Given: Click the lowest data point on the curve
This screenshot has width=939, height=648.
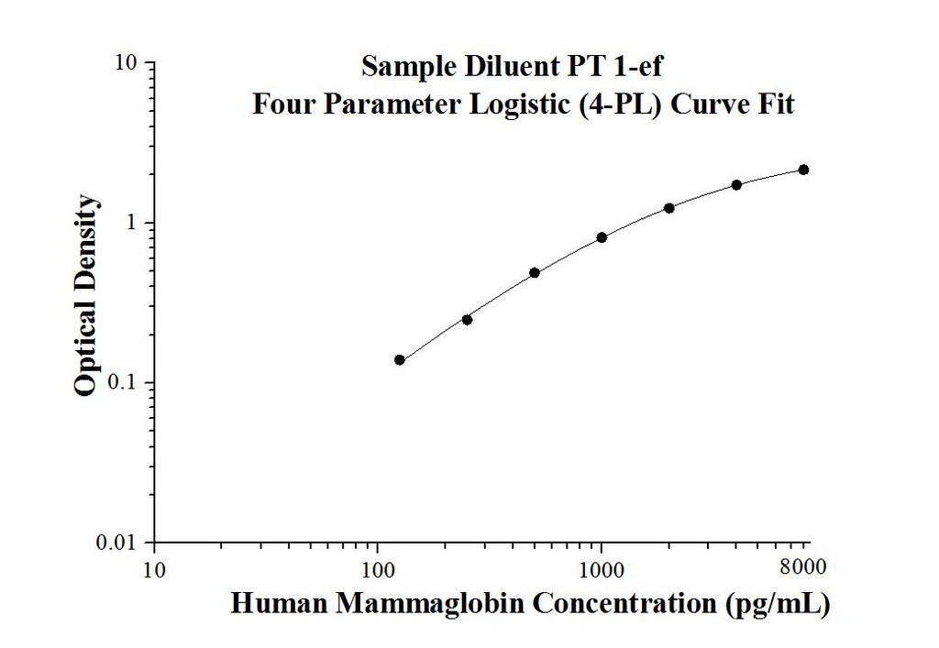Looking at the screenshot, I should [400, 359].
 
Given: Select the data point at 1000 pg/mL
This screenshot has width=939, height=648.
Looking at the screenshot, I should [602, 237].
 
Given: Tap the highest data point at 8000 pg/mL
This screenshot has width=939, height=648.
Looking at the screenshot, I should [803, 170].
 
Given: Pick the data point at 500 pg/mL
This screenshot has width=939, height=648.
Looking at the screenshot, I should [535, 272].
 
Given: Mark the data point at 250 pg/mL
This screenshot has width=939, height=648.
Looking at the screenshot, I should [467, 319].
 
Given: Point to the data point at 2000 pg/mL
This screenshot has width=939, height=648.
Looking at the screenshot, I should [668, 208].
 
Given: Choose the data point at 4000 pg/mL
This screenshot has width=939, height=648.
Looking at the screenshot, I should [736, 185].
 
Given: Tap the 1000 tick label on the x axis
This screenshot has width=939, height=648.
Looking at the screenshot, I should [602, 571].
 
